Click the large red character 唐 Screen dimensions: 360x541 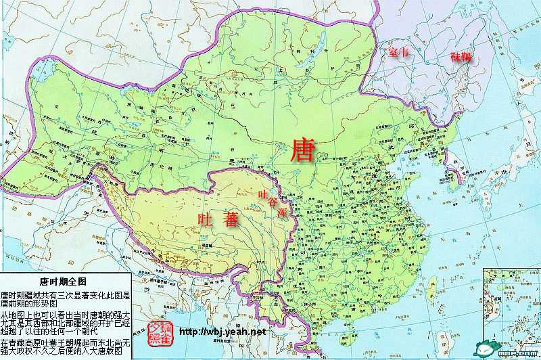pyautogui.click(x=301, y=150)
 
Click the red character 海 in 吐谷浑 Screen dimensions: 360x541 pyautogui.click(x=282, y=213)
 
